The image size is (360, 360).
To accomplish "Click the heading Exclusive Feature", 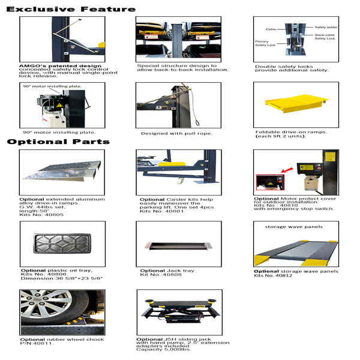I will click(71, 8).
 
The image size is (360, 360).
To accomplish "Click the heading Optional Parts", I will click(58, 142).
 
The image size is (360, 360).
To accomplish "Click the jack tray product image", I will click(178, 246).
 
